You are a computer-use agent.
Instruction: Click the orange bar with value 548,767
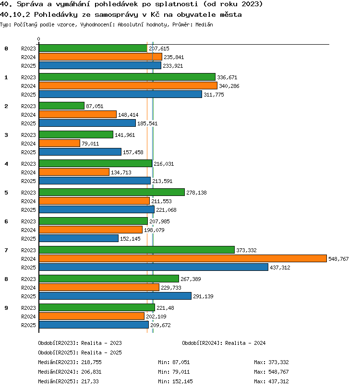pyautogui.click(x=183, y=258)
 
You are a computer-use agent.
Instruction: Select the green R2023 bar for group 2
pyautogui.click(x=61, y=106)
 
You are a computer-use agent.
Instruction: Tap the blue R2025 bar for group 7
pyautogui.click(x=154, y=267)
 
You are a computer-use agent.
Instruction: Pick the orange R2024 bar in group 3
pyautogui.click(x=60, y=143)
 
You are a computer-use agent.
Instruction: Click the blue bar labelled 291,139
pyautogui.click(x=115, y=296)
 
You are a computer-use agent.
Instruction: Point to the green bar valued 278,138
pyautogui.click(x=112, y=192)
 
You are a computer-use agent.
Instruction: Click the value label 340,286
pyautogui.click(x=229, y=86)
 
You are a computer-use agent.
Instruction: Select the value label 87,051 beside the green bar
pyautogui.click(x=95, y=106)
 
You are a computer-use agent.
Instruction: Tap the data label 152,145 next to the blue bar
pyautogui.click(x=130, y=239)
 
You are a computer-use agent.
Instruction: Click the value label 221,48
pyautogui.click(x=165, y=308)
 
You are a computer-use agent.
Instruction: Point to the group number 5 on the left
pyautogui.click(x=6, y=193)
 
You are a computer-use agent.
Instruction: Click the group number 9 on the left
pyautogui.click(x=6, y=308)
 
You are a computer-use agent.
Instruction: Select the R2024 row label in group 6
pyautogui.click(x=28, y=230)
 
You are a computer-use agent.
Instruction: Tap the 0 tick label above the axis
pyautogui.click(x=38, y=39)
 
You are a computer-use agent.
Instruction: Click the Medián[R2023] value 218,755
pyautogui.click(x=92, y=362)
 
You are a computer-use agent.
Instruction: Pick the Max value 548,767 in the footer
pyautogui.click(x=278, y=372)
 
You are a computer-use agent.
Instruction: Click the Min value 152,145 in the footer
pyautogui.click(x=183, y=381)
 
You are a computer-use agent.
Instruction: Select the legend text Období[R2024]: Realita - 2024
pyautogui.click(x=224, y=343)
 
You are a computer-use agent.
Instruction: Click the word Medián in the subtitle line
pyautogui.click(x=204, y=24)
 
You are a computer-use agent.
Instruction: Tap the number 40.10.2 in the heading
pyautogui.click(x=15, y=15)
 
